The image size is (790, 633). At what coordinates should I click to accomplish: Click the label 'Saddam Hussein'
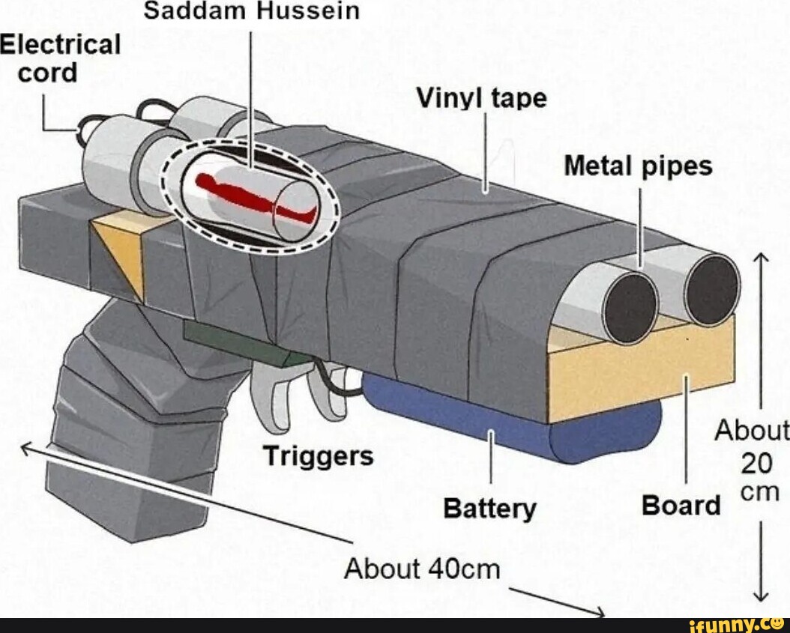pos(251,11)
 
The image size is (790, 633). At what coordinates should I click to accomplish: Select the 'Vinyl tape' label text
pos(481,98)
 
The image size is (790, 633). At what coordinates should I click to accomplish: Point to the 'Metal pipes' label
pos(637,166)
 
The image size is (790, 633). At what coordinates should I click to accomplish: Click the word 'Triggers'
pos(318,455)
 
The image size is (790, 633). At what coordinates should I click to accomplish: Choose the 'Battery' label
pos(489,509)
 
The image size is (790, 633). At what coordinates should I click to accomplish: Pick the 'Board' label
pos(681,506)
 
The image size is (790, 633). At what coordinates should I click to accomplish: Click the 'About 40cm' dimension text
pos(421,569)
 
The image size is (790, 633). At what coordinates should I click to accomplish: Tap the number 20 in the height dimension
pos(756,464)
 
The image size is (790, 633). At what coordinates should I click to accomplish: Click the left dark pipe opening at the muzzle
pos(630,307)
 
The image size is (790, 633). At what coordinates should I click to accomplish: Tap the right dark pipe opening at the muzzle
pos(712,290)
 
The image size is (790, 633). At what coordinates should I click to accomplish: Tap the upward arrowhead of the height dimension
pos(762,259)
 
